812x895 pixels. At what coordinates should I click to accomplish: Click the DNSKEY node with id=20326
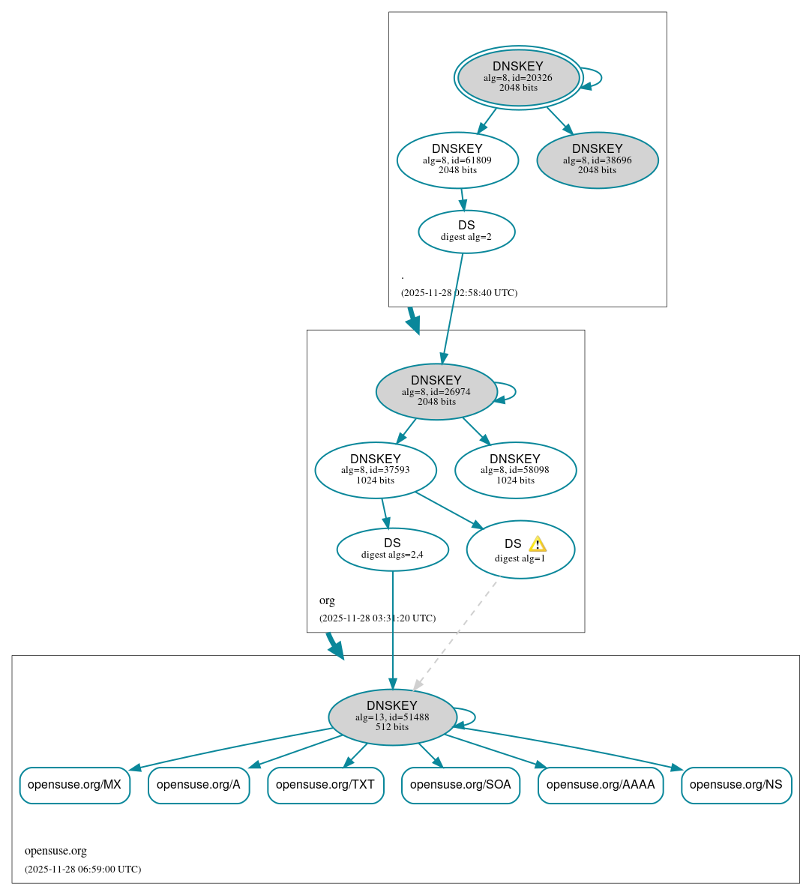click(518, 77)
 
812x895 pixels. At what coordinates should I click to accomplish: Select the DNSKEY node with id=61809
click(457, 160)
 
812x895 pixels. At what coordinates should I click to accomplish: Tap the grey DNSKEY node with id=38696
click(597, 160)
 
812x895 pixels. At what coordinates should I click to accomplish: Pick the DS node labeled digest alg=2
click(466, 232)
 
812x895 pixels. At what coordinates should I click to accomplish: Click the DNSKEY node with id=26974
click(436, 391)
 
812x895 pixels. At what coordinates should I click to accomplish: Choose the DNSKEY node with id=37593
click(376, 470)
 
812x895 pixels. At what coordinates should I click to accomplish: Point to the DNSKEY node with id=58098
click(515, 470)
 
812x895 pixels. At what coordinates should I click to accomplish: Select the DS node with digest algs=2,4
click(392, 549)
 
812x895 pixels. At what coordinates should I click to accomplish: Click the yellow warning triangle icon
click(537, 544)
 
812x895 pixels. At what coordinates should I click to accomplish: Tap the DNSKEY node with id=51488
click(392, 717)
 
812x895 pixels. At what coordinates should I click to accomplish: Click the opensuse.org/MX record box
click(74, 785)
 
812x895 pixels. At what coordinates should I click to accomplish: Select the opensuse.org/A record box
click(199, 785)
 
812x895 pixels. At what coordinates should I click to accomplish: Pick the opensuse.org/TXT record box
click(325, 785)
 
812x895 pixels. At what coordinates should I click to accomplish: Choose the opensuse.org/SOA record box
click(460, 785)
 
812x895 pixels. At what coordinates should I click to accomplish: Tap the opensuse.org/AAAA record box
click(601, 785)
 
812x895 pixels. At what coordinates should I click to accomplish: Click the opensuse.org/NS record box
click(736, 785)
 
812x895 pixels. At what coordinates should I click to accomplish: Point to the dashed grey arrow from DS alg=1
click(455, 634)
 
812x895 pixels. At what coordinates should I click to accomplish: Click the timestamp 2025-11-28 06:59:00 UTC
click(82, 870)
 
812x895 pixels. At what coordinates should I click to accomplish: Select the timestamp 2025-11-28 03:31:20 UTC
click(377, 618)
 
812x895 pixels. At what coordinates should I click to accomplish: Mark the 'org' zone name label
click(327, 600)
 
